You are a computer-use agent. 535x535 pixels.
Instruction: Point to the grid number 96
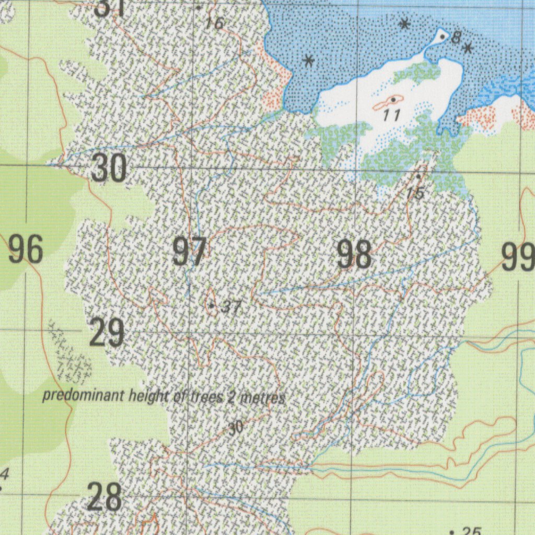[25, 250]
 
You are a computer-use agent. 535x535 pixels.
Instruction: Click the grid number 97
[189, 251]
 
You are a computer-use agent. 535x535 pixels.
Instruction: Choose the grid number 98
[354, 254]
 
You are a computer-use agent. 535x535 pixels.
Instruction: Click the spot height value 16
[214, 23]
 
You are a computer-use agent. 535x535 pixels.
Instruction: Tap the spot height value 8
[456, 38]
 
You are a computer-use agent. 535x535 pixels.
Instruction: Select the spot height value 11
[391, 115]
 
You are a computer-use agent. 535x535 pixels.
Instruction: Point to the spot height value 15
[415, 193]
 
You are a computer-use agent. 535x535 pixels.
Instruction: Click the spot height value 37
[230, 307]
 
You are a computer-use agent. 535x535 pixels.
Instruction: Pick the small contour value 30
[236, 428]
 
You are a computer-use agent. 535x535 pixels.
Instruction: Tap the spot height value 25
[471, 531]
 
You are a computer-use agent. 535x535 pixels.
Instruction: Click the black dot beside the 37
[212, 305]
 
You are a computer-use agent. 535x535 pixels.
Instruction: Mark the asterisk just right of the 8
[468, 49]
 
